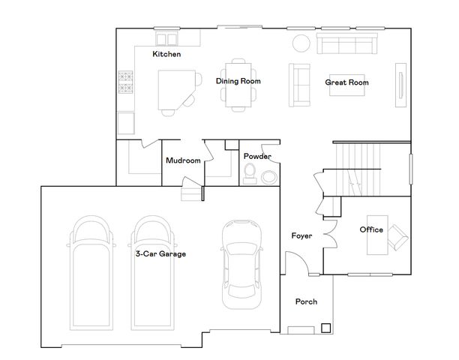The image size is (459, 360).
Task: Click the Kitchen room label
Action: pyautogui.click(x=166, y=55)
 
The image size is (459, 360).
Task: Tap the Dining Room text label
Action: pyautogui.click(x=238, y=81)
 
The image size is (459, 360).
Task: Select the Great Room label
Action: pyautogui.click(x=346, y=82)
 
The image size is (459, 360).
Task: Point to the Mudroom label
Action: pyautogui.click(x=183, y=160)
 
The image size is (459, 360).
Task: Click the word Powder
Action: pyautogui.click(x=257, y=156)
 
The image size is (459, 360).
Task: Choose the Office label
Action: pyautogui.click(x=371, y=229)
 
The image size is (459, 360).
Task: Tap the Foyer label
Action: pyautogui.click(x=302, y=236)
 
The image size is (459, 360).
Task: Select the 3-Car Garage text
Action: pyautogui.click(x=160, y=254)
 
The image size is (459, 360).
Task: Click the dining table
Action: pyautogui.click(x=238, y=82)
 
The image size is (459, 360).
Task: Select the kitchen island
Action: pyautogui.click(x=177, y=88)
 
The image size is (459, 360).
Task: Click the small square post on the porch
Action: pyautogui.click(x=325, y=327)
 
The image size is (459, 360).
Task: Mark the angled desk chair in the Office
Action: pyautogui.click(x=397, y=235)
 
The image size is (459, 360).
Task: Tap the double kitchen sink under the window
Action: pyautogui.click(x=166, y=37)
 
